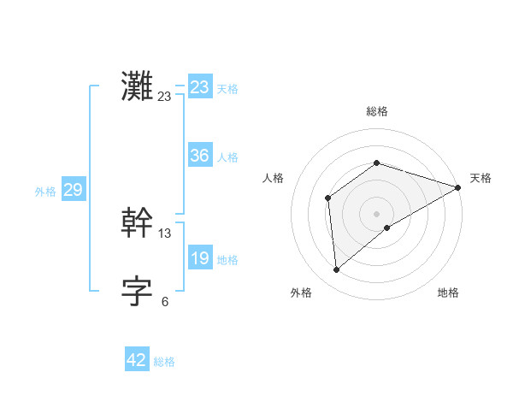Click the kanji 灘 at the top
[137, 86]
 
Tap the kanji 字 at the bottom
[137, 291]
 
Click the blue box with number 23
[199, 87]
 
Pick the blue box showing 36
[199, 156]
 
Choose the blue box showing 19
[199, 258]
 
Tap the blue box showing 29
[73, 190]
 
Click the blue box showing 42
[137, 360]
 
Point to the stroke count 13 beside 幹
[165, 233]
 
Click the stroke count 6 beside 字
[165, 301]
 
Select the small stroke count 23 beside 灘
[165, 97]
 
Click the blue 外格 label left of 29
[45, 192]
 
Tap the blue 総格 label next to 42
[164, 362]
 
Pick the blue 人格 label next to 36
[227, 157]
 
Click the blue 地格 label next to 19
[227, 260]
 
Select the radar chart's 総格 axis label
[377, 111]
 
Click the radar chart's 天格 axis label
[481, 178]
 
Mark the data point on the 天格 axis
[458, 187]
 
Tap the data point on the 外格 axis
[336, 270]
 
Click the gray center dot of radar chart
[377, 214]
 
